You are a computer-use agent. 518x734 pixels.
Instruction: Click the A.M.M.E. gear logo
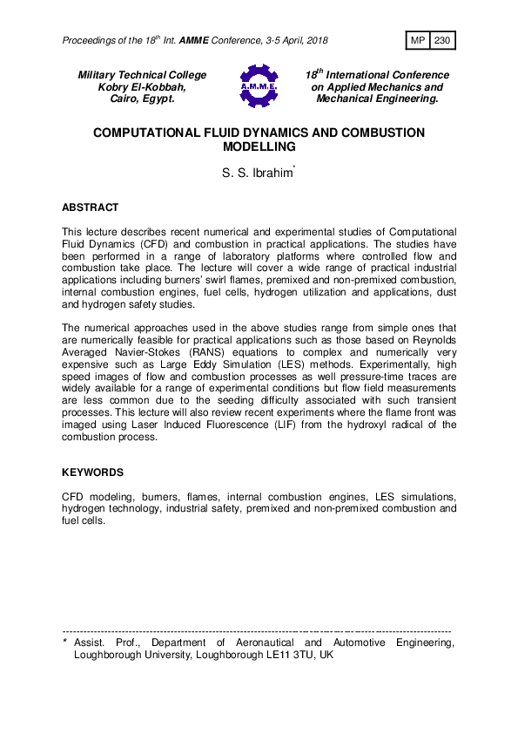(258, 86)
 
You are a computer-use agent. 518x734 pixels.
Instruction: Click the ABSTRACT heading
(90, 208)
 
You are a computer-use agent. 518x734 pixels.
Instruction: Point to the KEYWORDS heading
(92, 472)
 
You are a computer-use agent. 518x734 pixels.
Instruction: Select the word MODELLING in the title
(259, 148)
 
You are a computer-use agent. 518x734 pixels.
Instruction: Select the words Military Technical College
(143, 76)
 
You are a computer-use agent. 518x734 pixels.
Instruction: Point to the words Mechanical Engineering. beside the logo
(377, 99)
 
